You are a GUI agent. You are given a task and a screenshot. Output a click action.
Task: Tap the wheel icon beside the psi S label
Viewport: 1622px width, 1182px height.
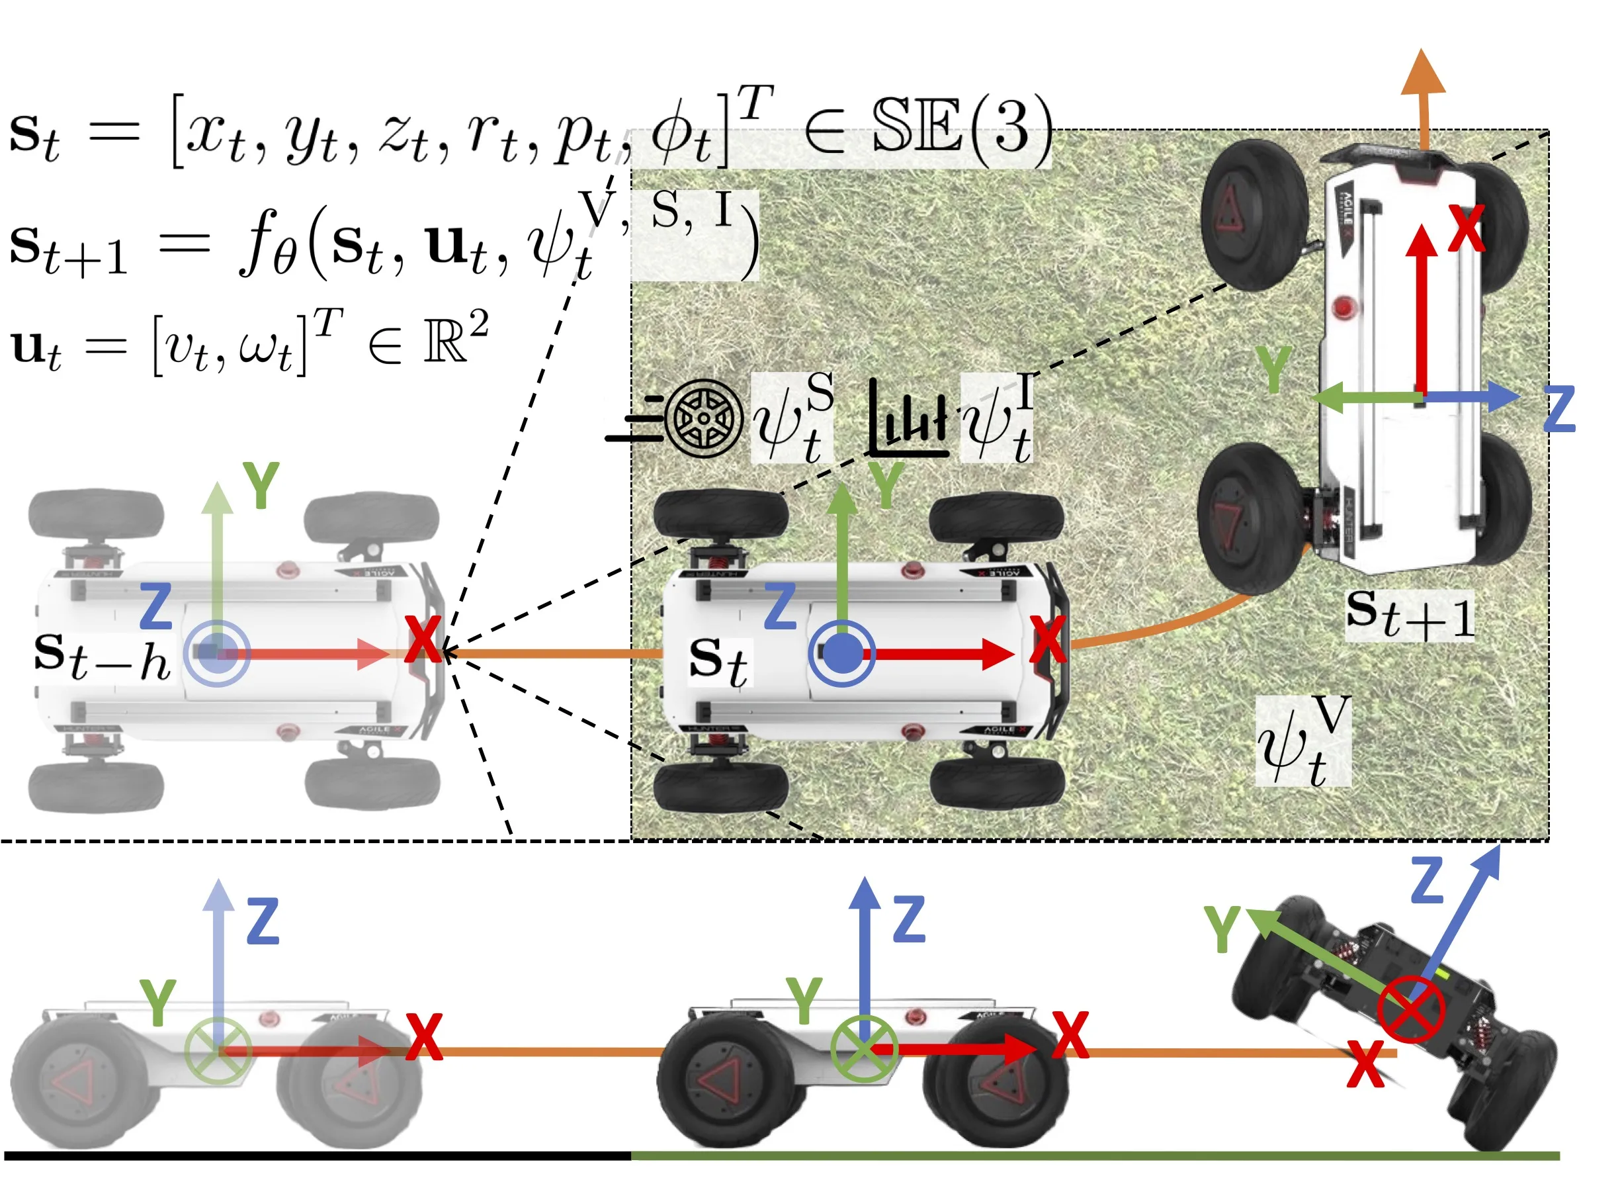click(x=704, y=418)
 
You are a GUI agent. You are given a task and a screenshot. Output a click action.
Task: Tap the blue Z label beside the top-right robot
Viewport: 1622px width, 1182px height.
click(x=1559, y=408)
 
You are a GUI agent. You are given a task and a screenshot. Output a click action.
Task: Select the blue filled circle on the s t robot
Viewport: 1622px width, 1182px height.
click(x=841, y=654)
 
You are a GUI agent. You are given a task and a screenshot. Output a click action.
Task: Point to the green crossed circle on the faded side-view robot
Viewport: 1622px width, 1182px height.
click(x=218, y=1050)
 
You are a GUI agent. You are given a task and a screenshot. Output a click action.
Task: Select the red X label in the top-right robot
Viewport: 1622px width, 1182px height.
click(x=1466, y=228)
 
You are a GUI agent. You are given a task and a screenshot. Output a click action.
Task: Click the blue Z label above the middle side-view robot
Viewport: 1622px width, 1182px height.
click(x=909, y=919)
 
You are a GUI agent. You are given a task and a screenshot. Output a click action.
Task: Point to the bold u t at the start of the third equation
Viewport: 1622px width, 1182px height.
click(x=36, y=349)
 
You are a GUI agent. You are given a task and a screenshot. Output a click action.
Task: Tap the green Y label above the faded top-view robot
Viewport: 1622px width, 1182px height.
click(x=261, y=485)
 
